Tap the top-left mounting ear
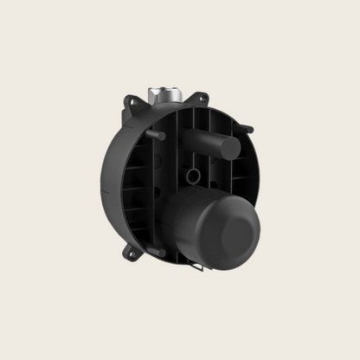pos(129,102)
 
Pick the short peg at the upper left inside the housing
pos(158,135)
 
